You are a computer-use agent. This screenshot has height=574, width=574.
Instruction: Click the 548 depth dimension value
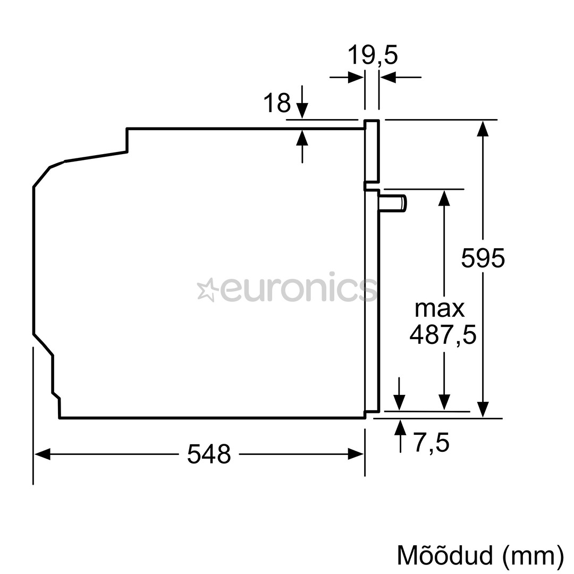[x=209, y=454]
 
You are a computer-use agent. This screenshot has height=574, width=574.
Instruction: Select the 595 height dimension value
[x=483, y=258]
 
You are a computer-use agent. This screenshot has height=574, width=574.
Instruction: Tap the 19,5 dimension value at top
[x=373, y=55]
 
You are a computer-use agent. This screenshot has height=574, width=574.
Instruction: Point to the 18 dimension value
[x=277, y=103]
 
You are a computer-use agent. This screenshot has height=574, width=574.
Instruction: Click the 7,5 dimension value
[x=432, y=443]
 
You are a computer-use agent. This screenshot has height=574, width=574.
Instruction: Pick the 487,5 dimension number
[x=443, y=334]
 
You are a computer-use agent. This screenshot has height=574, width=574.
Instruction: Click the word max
[x=439, y=308]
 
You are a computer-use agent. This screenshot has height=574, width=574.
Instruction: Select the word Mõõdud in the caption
[x=445, y=555]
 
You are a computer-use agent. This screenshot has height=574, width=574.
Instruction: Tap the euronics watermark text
[x=298, y=290]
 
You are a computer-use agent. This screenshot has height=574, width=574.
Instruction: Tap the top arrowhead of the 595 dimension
[x=483, y=129]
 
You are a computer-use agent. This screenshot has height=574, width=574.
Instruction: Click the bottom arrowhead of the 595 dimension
[x=483, y=409]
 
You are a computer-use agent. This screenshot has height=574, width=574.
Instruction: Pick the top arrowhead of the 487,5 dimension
[x=444, y=198]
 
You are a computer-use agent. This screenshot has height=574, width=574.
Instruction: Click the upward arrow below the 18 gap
[x=302, y=138]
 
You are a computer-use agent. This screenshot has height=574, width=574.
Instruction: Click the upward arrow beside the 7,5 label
[x=400, y=427]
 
